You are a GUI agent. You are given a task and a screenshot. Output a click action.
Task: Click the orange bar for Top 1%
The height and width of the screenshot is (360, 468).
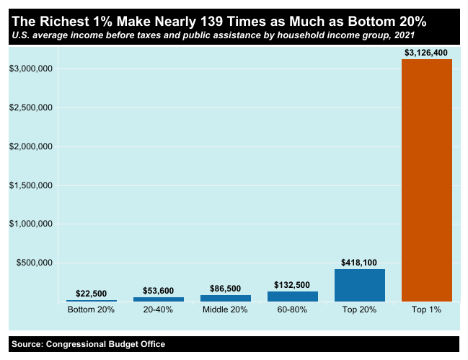click(426, 180)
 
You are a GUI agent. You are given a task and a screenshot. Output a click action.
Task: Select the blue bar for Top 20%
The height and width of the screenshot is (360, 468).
click(359, 285)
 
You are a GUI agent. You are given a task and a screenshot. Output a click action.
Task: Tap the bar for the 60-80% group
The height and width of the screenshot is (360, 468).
click(292, 296)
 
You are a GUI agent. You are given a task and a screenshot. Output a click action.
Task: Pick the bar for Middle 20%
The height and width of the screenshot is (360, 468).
click(225, 298)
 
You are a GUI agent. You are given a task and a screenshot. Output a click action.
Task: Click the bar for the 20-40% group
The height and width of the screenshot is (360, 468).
click(158, 299)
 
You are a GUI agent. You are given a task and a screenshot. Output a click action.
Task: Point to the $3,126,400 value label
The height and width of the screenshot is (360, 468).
click(426, 53)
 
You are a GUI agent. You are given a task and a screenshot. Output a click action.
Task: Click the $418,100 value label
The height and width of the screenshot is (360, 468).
click(359, 263)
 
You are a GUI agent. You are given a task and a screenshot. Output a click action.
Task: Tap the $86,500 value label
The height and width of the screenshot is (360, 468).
click(225, 289)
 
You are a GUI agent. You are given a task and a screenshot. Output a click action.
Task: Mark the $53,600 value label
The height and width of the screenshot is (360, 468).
click(158, 291)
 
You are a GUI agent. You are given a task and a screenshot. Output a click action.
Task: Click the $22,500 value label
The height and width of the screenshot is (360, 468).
click(91, 294)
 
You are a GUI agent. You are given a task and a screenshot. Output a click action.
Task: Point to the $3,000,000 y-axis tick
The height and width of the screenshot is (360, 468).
click(30, 69)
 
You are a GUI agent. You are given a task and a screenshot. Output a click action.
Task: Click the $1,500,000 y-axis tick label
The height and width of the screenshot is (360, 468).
click(30, 185)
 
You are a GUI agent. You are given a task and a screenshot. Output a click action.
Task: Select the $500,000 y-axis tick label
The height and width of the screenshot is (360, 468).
click(32, 263)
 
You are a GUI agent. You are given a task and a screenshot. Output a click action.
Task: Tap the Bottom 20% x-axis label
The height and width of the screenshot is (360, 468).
click(91, 310)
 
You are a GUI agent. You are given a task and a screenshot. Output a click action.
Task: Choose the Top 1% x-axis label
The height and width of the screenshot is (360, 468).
click(426, 310)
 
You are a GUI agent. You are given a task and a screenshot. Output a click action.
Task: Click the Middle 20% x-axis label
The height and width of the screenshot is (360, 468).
click(225, 310)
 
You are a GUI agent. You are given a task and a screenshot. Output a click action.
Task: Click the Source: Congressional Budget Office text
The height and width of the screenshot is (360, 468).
click(89, 344)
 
